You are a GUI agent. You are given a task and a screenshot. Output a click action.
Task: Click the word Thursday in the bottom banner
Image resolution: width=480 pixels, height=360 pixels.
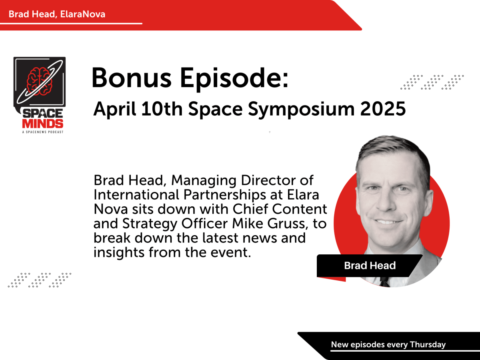tap(428, 344)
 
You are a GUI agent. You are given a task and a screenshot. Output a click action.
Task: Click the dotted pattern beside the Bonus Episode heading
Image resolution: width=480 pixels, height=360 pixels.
tap(432, 82)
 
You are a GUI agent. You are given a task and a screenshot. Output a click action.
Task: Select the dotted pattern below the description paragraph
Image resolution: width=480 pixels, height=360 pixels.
tap(39, 280)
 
